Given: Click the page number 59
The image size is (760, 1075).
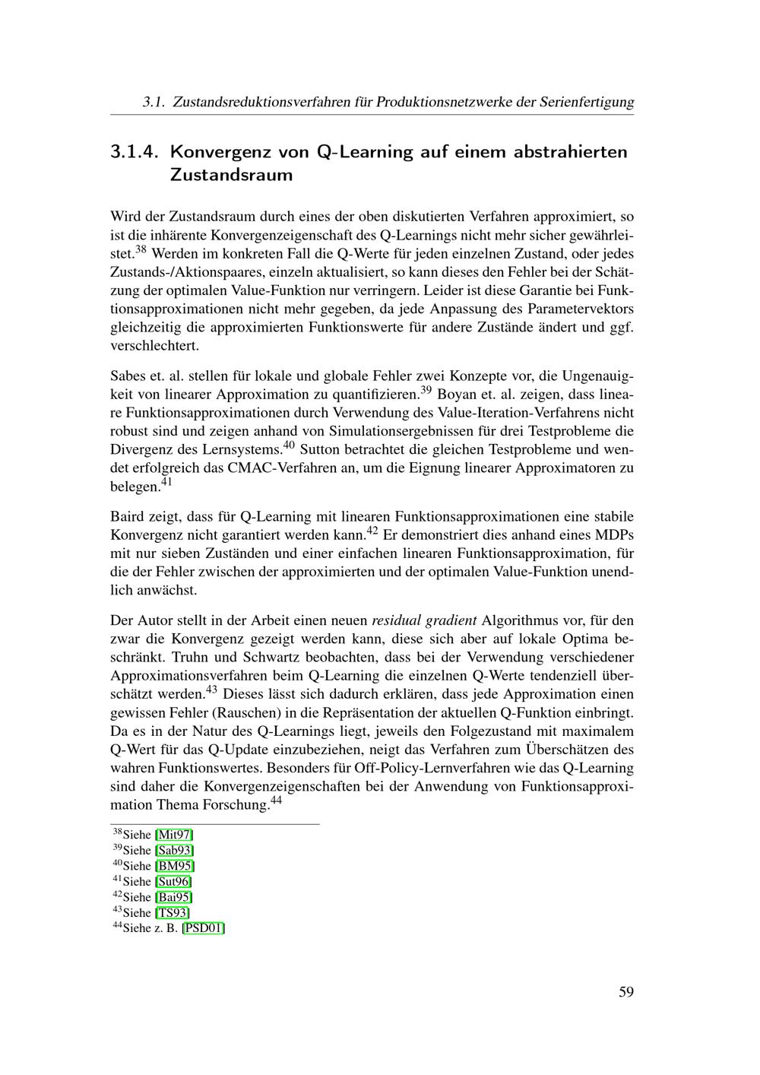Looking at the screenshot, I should tap(625, 991).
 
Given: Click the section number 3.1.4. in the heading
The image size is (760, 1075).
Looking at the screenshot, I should tap(134, 151).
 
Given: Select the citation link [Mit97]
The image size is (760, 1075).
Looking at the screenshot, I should tap(174, 834).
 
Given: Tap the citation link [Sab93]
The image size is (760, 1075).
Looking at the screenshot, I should tap(174, 850).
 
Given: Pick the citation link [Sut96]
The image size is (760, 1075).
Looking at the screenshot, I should tap(173, 881).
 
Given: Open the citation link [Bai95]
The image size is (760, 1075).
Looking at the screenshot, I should tap(173, 897).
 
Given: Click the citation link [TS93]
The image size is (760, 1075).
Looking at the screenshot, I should tap(172, 912).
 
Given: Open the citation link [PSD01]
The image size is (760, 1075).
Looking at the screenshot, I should tap(203, 928).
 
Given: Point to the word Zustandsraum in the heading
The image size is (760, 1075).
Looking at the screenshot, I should tap(231, 175).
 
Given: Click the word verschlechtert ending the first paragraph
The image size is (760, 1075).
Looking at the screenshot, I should tap(154, 346).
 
